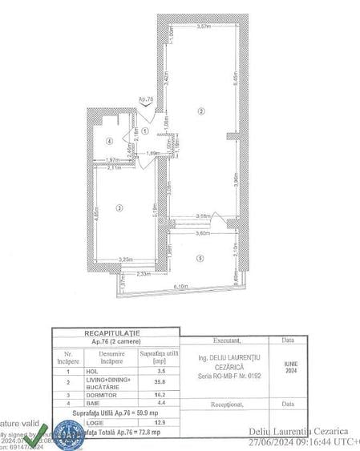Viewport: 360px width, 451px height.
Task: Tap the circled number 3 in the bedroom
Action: coord(118,208)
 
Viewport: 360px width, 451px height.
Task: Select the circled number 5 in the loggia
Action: coord(200,257)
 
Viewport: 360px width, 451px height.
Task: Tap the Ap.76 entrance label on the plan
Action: coord(145,99)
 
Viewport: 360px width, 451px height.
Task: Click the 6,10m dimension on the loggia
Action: coord(180,287)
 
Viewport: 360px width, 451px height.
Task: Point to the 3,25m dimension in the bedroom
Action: coord(126,260)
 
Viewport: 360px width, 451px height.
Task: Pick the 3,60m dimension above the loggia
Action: coord(202,235)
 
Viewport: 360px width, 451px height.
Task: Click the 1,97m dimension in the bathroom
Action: coord(113,159)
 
